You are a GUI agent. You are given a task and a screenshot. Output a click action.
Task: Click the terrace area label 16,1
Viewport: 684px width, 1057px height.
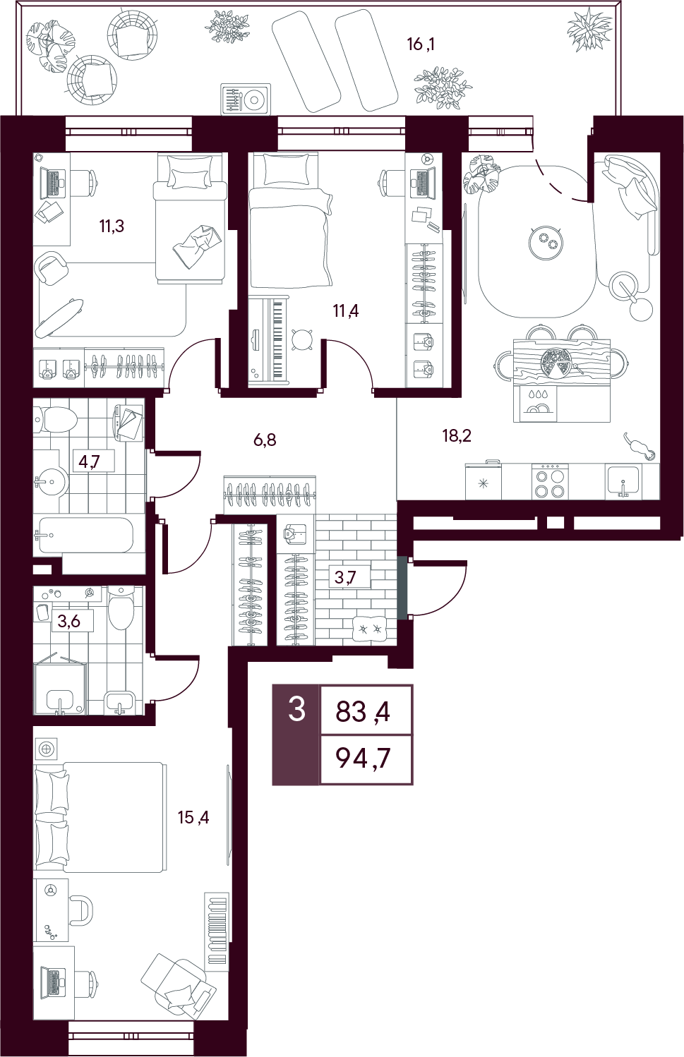click(x=421, y=44)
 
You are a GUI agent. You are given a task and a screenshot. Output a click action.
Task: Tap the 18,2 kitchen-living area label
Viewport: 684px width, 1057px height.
click(x=457, y=436)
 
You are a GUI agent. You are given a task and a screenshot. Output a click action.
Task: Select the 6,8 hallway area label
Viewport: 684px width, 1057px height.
click(x=265, y=440)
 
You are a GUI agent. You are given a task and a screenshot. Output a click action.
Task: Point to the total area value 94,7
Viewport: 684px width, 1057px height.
click(x=363, y=759)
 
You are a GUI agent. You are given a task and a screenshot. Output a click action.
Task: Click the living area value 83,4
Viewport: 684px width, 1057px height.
click(x=363, y=711)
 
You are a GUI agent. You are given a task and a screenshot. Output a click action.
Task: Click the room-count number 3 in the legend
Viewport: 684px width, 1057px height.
click(x=297, y=709)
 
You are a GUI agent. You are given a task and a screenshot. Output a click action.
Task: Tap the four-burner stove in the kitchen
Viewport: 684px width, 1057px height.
click(x=550, y=481)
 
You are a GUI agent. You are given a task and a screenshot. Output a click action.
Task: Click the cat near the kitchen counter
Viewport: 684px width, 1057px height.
click(x=639, y=447)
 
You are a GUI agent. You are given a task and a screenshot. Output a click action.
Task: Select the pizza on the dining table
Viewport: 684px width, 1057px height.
click(x=556, y=362)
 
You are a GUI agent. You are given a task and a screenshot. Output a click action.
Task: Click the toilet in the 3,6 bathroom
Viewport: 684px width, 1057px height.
click(x=121, y=608)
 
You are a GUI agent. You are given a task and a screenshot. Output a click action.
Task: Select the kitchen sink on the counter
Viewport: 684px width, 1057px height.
click(x=623, y=481)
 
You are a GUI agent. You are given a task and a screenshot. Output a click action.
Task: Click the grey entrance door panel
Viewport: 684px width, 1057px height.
click(x=402, y=588)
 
